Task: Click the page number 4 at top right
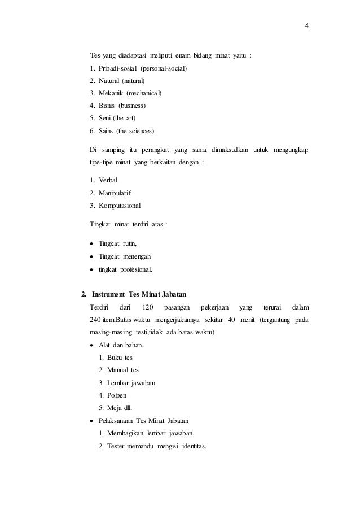point(308,25)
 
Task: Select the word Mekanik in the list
point(111,93)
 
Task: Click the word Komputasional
point(121,205)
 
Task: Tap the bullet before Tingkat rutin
point(92,244)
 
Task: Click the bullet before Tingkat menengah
point(92,256)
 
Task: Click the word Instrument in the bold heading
point(109,295)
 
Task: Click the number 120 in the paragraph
point(148,307)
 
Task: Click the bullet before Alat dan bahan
point(92,345)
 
